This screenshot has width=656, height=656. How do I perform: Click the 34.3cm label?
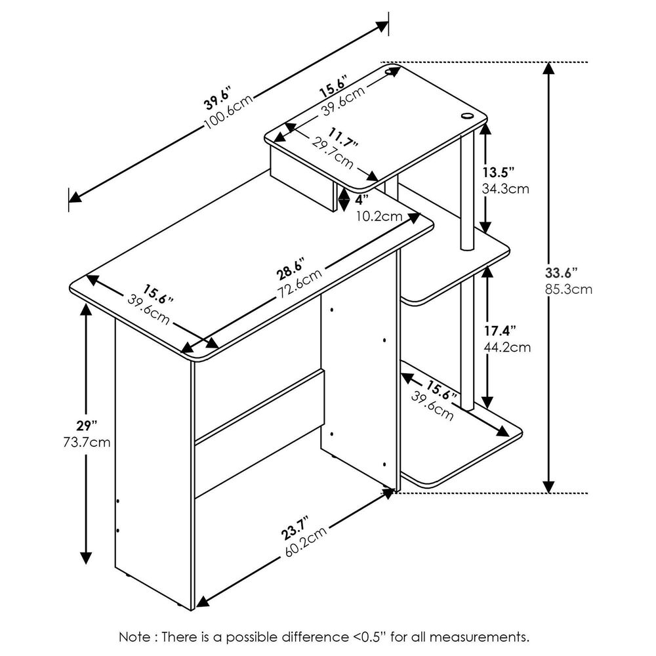pos(505,189)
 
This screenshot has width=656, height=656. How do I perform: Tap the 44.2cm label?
pos(506,347)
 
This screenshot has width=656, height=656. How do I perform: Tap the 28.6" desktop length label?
pos(289,272)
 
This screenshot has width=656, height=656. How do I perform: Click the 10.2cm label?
pos(379,216)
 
